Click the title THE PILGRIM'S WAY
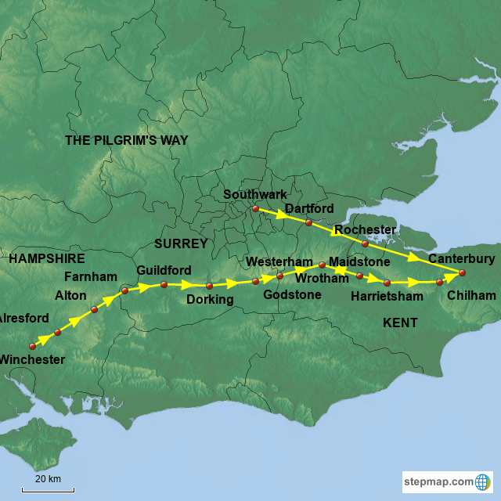(x=126, y=139)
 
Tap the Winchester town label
(x=31, y=359)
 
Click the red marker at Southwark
(x=254, y=208)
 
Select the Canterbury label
(x=461, y=258)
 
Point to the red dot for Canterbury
(x=462, y=272)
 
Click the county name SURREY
(x=181, y=243)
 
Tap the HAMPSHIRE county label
(x=46, y=258)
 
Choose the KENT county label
(x=400, y=323)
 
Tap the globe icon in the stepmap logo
(x=483, y=481)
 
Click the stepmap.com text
(x=439, y=481)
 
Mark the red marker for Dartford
(x=308, y=222)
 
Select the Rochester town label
(x=365, y=230)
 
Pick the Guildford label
(x=164, y=270)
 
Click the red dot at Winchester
(x=33, y=345)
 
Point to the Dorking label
(x=210, y=299)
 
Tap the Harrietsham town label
(x=387, y=296)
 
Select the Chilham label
(x=471, y=295)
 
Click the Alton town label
(x=70, y=295)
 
